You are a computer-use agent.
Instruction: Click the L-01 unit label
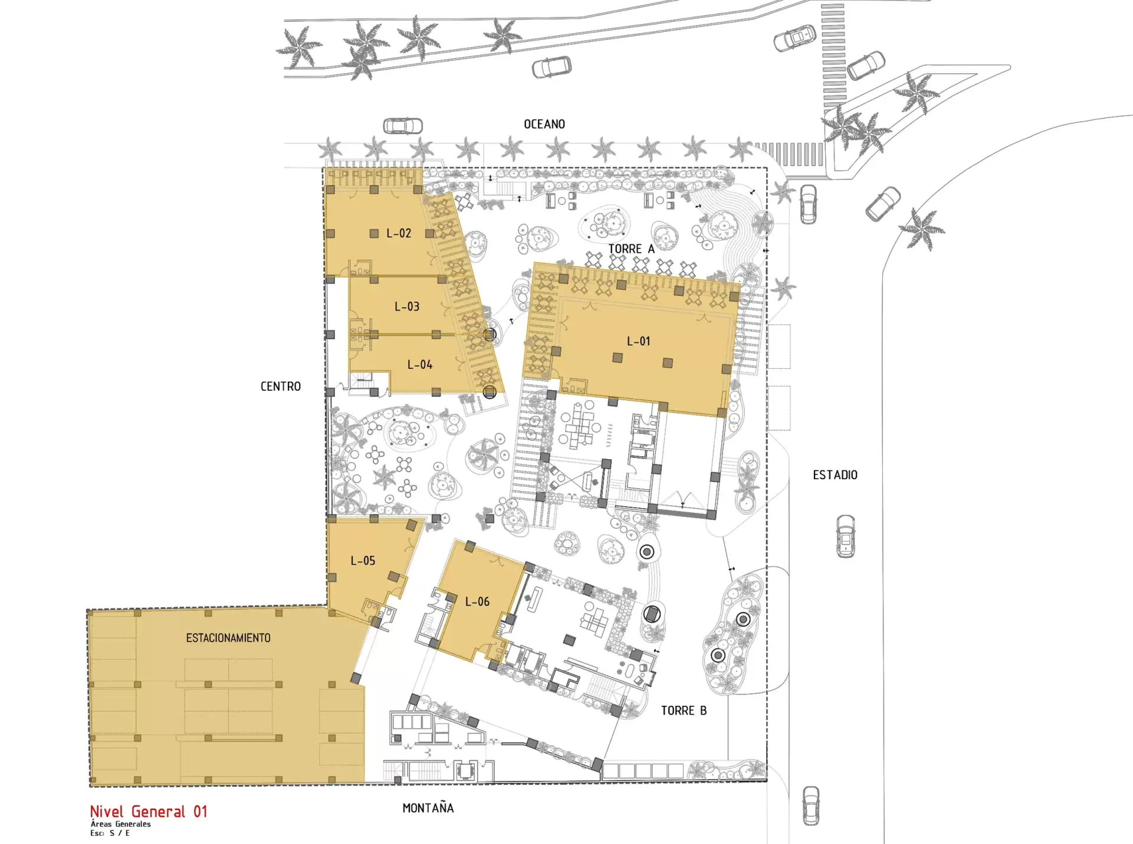pos(638,341)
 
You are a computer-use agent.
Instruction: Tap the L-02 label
pos(399,233)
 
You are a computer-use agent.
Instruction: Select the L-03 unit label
pos(407,306)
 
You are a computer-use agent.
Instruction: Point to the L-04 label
pos(420,365)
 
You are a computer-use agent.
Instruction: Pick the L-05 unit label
pos(363,561)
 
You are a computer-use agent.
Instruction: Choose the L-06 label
pos(477,601)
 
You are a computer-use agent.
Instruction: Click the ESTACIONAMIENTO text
pos(228,638)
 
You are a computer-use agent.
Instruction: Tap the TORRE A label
pos(632,249)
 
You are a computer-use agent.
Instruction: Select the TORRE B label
pos(684,711)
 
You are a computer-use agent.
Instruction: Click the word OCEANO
pos(544,124)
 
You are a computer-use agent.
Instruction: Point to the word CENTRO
pos(281,387)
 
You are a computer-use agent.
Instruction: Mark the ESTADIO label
pos(835,475)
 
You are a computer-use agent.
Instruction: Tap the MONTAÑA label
pos(428,808)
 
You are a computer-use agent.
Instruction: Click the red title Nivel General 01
pos(149,812)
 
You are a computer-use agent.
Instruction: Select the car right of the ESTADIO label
pos(846,536)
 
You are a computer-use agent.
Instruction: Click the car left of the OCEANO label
pos(403,126)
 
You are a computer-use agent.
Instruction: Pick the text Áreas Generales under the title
pos(121,824)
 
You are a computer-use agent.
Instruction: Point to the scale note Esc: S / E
pos(110,833)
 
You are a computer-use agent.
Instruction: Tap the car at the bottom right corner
pos(812,806)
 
